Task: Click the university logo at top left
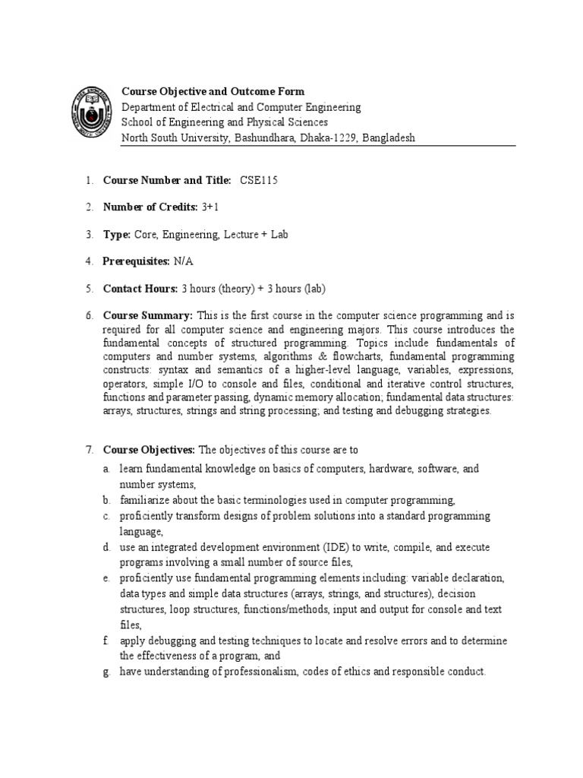coord(93,111)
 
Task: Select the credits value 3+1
coord(210,207)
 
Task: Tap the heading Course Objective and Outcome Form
coord(213,92)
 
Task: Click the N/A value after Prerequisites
coord(184,261)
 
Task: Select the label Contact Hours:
coord(140,289)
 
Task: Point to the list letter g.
coord(107,672)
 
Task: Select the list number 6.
coord(89,315)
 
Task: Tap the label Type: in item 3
coord(118,235)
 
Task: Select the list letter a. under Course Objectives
coord(107,470)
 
